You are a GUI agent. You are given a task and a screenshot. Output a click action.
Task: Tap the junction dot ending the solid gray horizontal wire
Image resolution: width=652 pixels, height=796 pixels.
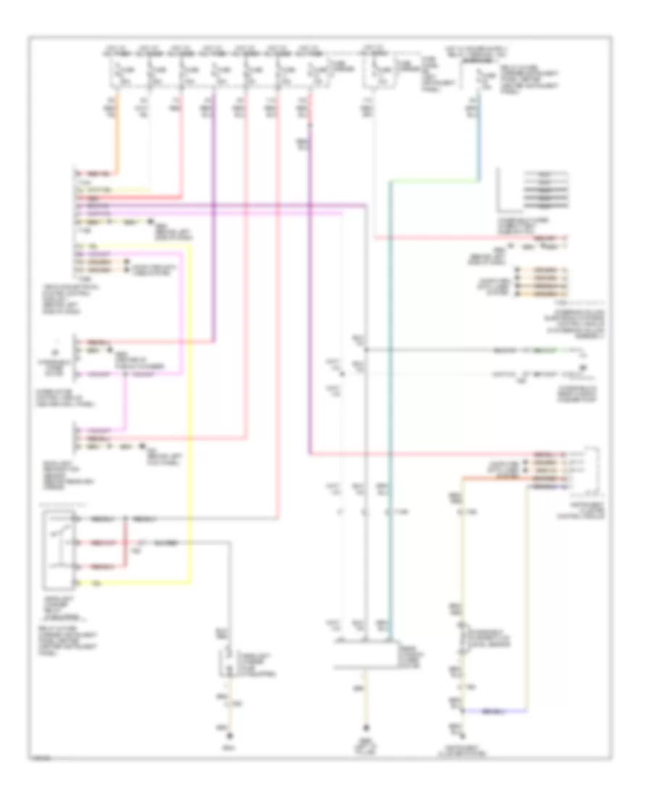(367, 350)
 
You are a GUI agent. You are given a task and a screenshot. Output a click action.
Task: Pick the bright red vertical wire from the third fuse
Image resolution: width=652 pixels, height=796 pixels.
(181, 145)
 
